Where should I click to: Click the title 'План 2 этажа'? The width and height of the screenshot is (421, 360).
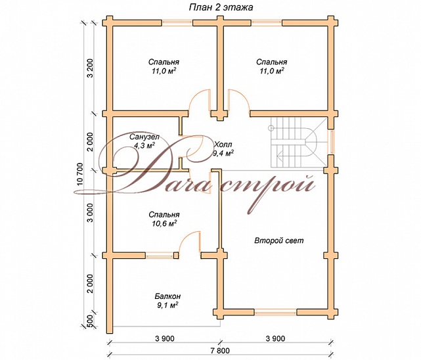[221, 7]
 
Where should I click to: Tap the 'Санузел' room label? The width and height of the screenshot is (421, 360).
[144, 137]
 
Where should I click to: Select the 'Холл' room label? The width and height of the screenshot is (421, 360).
[223, 145]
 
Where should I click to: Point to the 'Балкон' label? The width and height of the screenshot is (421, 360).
[167, 296]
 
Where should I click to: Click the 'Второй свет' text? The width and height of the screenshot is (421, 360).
[279, 240]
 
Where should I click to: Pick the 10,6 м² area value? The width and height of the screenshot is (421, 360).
[164, 223]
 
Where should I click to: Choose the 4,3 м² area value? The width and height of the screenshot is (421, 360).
[144, 145]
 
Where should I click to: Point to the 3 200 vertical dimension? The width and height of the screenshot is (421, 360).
[90, 68]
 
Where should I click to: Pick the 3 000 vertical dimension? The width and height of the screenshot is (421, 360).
[90, 212]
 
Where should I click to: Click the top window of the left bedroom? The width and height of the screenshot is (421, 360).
[177, 23]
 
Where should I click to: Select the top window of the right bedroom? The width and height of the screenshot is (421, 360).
[267, 23]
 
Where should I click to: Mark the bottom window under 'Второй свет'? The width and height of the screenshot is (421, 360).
[275, 312]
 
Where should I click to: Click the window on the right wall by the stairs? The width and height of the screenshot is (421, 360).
[331, 143]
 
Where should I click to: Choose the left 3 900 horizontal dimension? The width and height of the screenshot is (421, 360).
[165, 339]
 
